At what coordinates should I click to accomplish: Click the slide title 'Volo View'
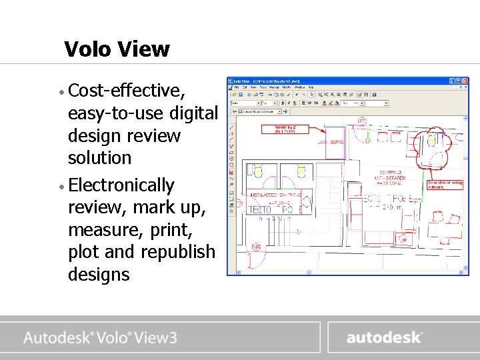tap(117, 49)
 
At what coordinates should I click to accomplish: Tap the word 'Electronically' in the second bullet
tap(121, 185)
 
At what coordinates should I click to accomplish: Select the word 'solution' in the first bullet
tap(100, 158)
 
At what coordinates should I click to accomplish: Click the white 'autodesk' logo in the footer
tap(383, 337)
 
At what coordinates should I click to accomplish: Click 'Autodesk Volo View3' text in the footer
tap(101, 337)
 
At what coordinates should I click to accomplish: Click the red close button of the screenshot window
tap(465, 81)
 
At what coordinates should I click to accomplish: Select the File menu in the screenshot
tap(236, 87)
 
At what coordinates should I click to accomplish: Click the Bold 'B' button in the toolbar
tap(283, 103)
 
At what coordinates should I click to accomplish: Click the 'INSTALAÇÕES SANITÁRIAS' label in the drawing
tap(275, 195)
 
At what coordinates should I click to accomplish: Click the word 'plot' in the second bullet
tap(85, 251)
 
